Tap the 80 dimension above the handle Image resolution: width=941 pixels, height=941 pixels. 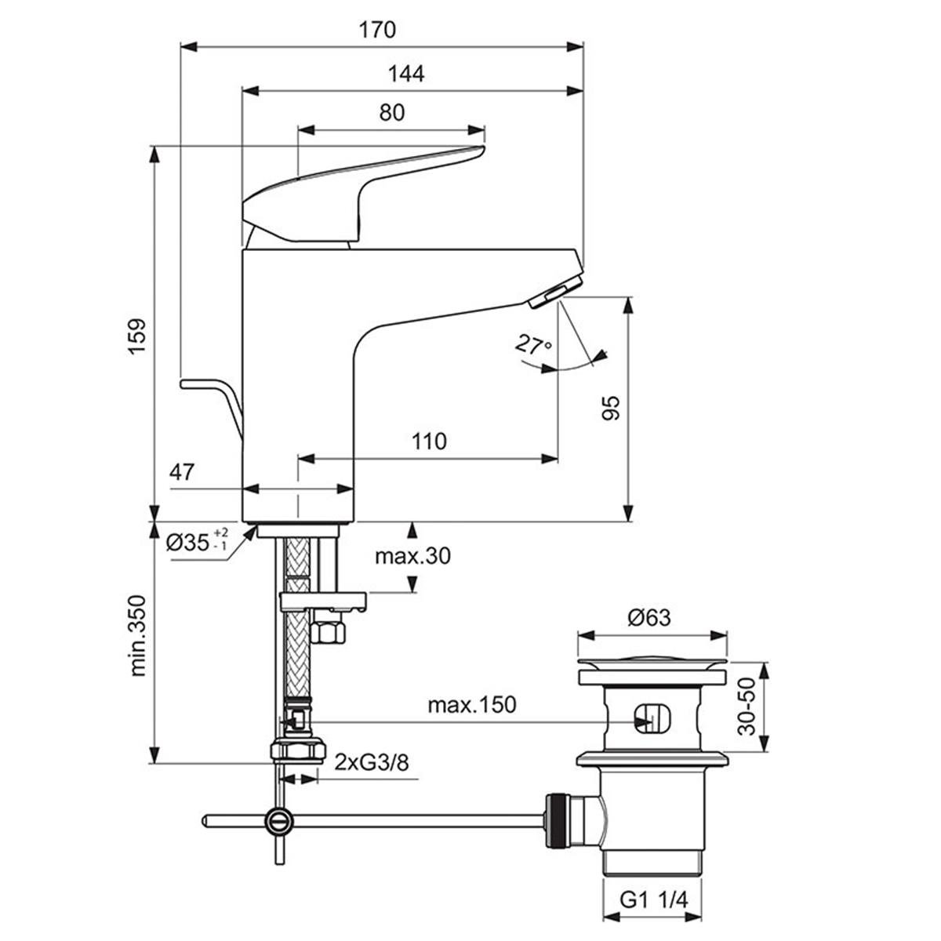coord(391,113)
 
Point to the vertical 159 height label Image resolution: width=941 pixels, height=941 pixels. coord(138,336)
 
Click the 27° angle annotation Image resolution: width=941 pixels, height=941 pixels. coord(534,345)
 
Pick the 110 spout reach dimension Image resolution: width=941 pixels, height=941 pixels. coord(428,441)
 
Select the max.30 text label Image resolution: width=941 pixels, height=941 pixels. coord(412,556)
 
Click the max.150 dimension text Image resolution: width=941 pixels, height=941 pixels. coord(471,704)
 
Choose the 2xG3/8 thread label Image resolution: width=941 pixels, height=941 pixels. coord(372,761)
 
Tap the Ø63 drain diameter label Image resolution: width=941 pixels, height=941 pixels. coord(649,618)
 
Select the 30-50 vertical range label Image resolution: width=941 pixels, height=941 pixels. coord(749,707)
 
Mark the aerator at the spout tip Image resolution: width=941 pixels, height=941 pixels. coord(555,292)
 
